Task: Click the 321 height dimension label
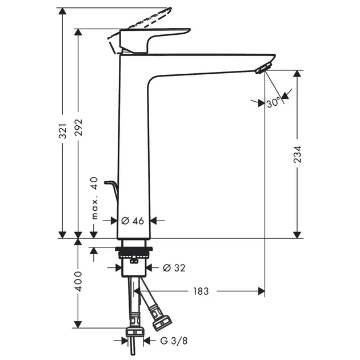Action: point(63,131)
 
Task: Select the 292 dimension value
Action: point(78,127)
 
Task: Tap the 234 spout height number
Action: point(297,154)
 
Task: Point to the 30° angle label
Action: point(274,102)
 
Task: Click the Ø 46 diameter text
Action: point(133,221)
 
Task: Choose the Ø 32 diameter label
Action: point(174,267)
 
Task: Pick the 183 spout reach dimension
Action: point(201,291)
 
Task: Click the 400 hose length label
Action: point(78,281)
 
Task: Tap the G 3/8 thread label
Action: point(174,341)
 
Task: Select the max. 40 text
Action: point(94,198)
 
